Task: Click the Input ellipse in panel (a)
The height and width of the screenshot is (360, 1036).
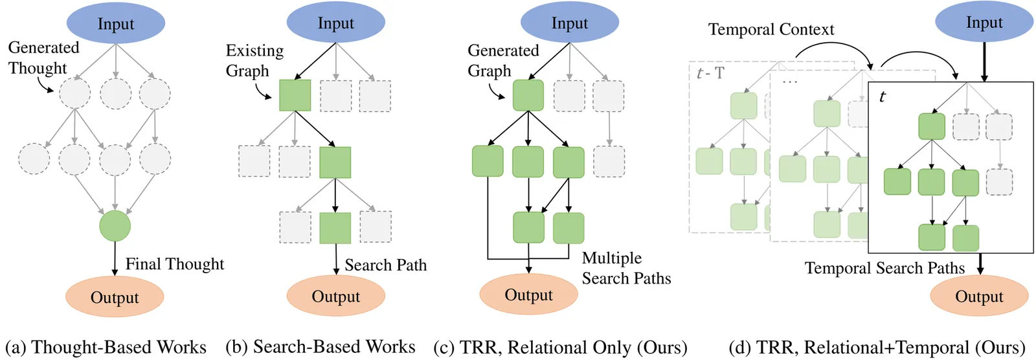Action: (x=115, y=24)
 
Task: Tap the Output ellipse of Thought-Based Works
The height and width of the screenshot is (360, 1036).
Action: (x=115, y=297)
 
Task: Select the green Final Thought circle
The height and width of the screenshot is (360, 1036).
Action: (x=115, y=226)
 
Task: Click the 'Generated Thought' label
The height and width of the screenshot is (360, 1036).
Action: (x=43, y=58)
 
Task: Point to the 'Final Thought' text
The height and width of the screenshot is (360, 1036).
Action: (x=174, y=264)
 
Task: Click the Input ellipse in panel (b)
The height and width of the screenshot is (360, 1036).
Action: (x=335, y=23)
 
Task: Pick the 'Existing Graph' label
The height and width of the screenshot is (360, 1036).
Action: (x=254, y=60)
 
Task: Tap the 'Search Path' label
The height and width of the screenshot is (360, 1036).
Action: (x=385, y=265)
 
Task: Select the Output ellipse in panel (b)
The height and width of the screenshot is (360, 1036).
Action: (x=335, y=297)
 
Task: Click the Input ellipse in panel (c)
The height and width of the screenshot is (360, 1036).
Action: (x=569, y=23)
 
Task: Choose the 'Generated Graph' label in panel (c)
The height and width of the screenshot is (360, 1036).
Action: (x=503, y=60)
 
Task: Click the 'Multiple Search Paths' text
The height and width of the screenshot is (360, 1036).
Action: (x=626, y=268)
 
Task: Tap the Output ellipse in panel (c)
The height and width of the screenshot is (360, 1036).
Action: (x=528, y=295)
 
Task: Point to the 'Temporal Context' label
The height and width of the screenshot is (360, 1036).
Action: (x=771, y=29)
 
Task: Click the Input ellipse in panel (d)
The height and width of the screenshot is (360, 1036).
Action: (x=984, y=23)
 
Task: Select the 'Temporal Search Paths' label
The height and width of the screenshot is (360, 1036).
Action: (x=884, y=268)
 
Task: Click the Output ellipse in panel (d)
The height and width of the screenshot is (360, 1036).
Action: (x=979, y=297)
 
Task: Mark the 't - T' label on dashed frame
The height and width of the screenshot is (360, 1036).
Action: (x=710, y=73)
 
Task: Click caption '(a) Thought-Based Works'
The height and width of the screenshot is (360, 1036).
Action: (x=106, y=347)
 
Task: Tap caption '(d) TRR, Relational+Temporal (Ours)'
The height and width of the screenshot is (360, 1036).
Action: (x=877, y=348)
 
